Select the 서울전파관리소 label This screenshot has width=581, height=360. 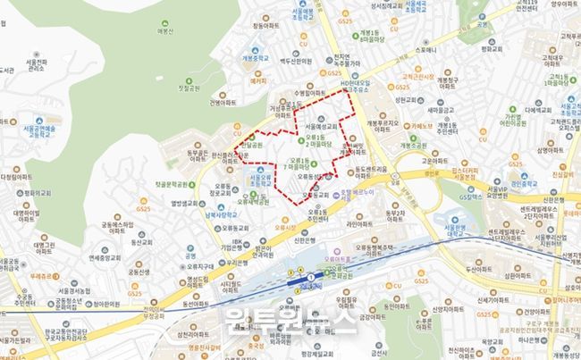pos(37,63)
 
